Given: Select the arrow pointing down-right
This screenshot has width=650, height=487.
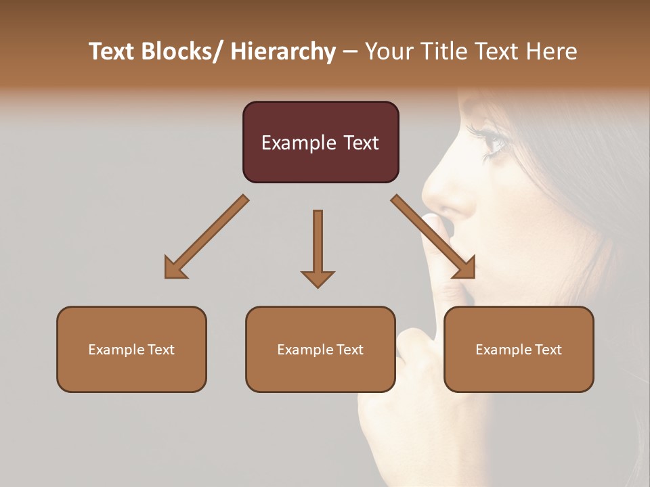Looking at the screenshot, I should (x=434, y=237).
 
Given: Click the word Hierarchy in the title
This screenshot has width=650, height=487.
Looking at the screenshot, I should (x=283, y=51).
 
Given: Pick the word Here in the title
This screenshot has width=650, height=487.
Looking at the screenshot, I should (x=552, y=51).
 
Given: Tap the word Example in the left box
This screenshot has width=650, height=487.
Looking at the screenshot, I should (x=115, y=350).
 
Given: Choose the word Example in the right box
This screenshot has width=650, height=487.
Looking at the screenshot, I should (x=502, y=350).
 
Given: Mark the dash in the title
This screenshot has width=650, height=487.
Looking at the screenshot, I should (x=350, y=51).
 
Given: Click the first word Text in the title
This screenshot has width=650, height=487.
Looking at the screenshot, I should (x=112, y=51).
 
